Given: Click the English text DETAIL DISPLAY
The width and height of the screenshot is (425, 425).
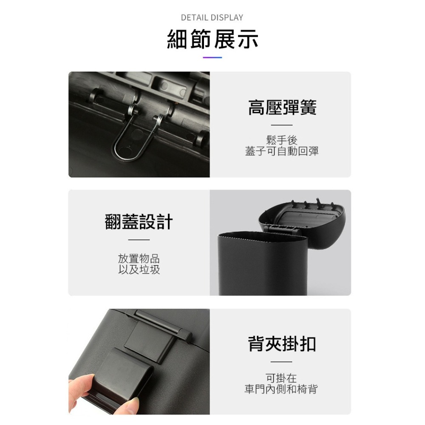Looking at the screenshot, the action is click(212, 17).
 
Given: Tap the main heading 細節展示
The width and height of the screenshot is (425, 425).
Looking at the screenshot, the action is click(212, 40).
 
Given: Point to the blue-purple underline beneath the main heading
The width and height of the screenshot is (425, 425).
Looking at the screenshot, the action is click(212, 57).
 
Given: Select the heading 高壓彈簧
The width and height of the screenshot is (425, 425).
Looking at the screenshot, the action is click(282, 108).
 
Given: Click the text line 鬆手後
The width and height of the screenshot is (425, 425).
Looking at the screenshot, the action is click(282, 140).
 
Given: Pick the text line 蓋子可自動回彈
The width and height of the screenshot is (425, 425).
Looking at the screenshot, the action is click(282, 151).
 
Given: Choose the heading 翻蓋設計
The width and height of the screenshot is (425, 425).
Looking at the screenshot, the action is click(139, 222).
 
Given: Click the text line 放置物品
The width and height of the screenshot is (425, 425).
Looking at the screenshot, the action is click(139, 258).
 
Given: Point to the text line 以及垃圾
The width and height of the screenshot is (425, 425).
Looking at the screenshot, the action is click(139, 270).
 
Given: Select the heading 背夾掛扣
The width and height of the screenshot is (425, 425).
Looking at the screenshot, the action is click(282, 344).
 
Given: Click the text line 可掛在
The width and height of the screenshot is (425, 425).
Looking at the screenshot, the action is click(281, 378).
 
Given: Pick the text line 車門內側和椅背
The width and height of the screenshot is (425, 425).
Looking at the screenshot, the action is click(281, 389).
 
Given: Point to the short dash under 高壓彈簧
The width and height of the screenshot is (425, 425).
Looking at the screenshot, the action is click(282, 125).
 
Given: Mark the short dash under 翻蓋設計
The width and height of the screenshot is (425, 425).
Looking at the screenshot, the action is click(139, 240).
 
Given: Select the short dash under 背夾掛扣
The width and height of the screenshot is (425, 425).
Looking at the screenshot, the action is click(281, 362).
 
